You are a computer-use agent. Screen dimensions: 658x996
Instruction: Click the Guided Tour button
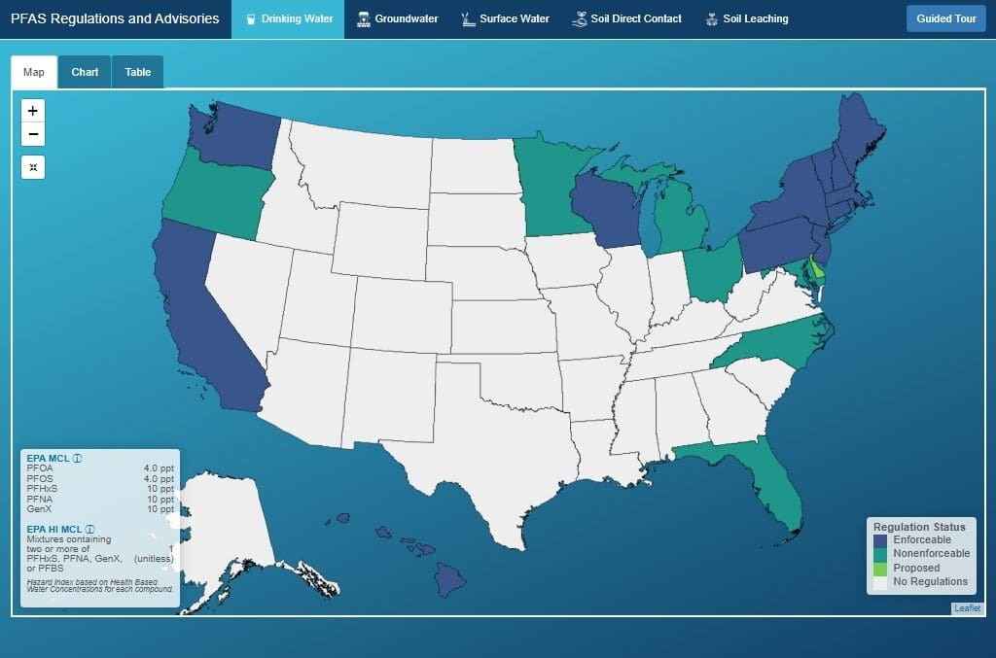point(945,18)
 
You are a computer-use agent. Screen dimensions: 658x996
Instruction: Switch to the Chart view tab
point(85,72)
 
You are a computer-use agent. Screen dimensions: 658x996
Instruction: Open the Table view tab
point(137,72)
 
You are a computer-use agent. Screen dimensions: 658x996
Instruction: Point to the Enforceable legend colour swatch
point(880,540)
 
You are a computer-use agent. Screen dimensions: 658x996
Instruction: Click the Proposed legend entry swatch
point(880,568)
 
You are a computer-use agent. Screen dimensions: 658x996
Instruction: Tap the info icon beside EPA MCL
point(77,458)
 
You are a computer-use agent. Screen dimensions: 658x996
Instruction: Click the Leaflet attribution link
point(967,608)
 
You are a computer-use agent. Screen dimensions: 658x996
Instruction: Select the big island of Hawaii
point(448,580)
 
